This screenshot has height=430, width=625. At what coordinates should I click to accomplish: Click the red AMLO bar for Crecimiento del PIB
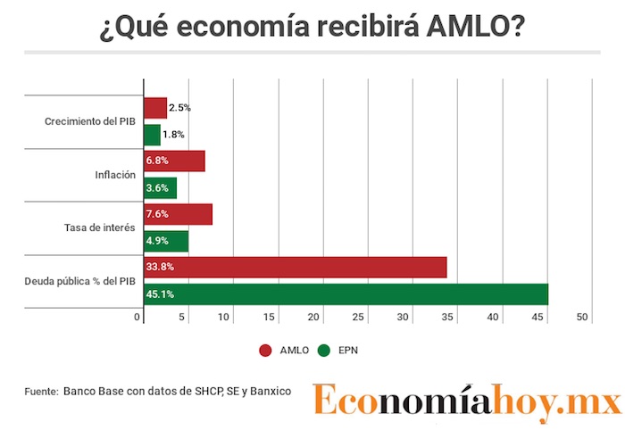[x=155, y=108]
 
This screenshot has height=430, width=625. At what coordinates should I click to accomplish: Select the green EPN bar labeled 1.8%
[x=153, y=135]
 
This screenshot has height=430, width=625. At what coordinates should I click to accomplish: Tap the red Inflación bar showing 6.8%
[x=174, y=161]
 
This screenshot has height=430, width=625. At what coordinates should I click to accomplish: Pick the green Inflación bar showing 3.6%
[x=160, y=188]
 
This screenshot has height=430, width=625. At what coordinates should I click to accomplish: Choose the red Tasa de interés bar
[x=178, y=215]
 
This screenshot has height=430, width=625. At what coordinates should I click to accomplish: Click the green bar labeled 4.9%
[x=166, y=242]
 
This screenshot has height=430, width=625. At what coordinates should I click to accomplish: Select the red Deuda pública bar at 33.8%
[x=295, y=268]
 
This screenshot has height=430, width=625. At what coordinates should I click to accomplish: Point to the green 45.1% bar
[x=346, y=294]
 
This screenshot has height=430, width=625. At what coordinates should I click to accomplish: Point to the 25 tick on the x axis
[x=358, y=318]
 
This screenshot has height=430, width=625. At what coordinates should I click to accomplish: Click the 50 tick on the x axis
[x=582, y=318]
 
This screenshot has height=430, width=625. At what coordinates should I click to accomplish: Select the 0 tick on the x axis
[x=138, y=318]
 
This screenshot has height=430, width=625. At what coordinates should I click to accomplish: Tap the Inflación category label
[x=115, y=175]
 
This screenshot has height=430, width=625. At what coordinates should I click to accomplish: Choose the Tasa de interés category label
[x=100, y=228]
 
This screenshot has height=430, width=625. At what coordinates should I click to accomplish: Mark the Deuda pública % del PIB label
[x=80, y=282]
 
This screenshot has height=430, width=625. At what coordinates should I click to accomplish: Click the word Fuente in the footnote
[x=41, y=391]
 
